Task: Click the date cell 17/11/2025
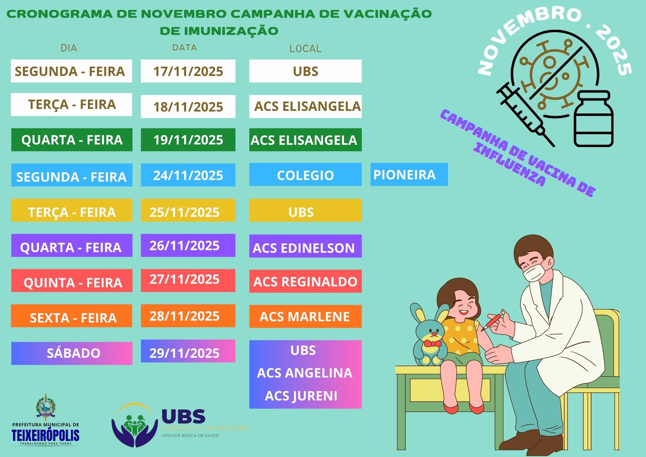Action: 188,71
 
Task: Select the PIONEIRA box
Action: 409,175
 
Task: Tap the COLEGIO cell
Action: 305,175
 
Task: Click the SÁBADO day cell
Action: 72,353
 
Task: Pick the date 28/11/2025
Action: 188,316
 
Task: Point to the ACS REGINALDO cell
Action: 305,282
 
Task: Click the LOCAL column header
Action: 305,49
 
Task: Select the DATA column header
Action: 184,48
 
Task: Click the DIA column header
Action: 69,48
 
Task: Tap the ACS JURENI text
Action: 301,396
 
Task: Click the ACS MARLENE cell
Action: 305,316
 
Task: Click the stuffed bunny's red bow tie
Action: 432,343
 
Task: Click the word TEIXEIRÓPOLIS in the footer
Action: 46,435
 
